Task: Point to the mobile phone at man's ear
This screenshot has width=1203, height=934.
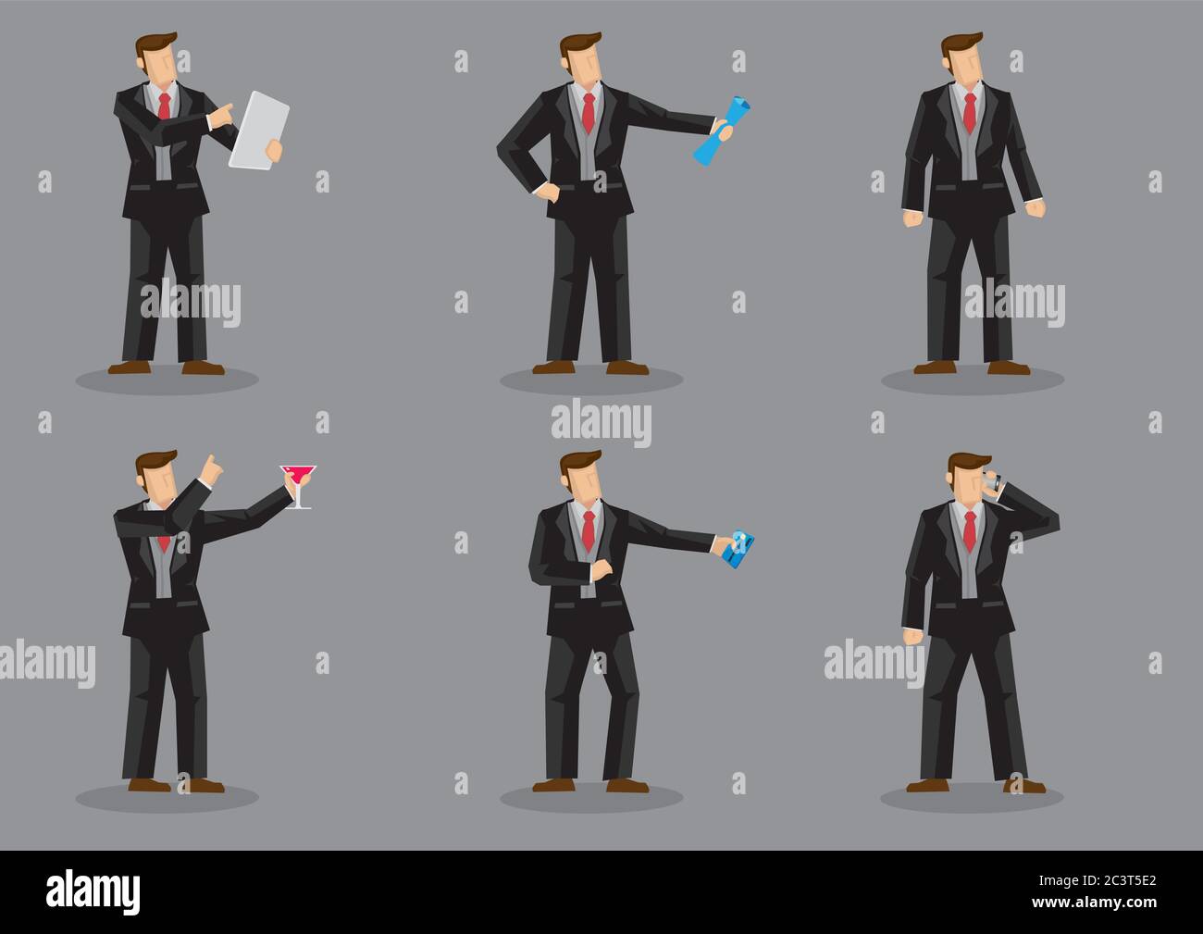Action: [x=991, y=483]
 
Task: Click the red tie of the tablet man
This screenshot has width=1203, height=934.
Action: [x=164, y=106]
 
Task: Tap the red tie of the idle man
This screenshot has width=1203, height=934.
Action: [x=969, y=112]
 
